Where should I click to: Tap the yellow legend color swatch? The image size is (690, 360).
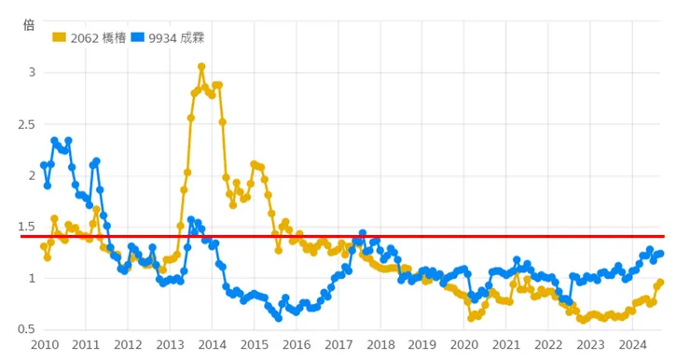tap(60, 37)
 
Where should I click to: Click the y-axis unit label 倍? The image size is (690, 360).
tap(28, 25)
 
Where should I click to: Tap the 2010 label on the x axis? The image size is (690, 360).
tap(44, 344)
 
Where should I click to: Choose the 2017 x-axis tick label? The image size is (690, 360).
tap(338, 344)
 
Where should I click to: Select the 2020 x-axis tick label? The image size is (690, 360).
tap(463, 344)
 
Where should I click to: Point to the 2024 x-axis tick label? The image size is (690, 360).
tap(631, 344)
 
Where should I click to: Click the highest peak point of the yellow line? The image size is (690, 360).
tap(201, 67)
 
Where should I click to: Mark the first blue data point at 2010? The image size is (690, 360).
tap(44, 165)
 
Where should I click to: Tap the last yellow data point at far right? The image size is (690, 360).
tap(660, 283)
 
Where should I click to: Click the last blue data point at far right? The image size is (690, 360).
tap(660, 254)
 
